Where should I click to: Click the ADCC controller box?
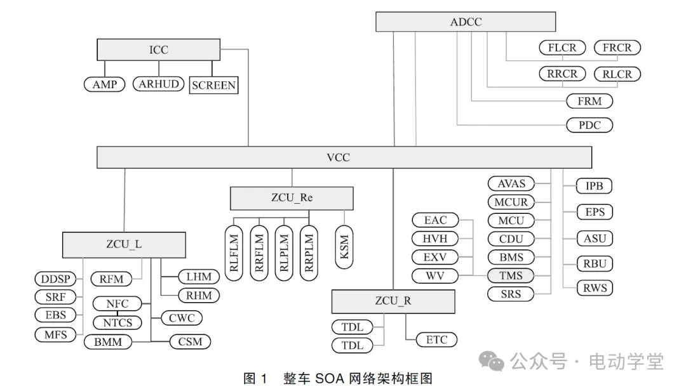click(x=466, y=22)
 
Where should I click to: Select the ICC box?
click(x=159, y=49)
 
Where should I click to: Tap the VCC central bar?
click(x=343, y=157)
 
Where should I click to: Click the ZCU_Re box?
click(x=292, y=198)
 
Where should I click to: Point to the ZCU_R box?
click(x=393, y=301)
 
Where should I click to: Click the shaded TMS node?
click(x=511, y=275)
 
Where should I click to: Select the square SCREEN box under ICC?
click(x=213, y=85)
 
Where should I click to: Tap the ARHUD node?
click(x=158, y=84)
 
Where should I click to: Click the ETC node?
click(x=436, y=340)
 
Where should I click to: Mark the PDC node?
click(x=589, y=125)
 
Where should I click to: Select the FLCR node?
click(x=562, y=48)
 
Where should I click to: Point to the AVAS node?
click(x=511, y=184)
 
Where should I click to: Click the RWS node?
click(x=595, y=288)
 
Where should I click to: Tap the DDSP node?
click(x=55, y=279)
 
